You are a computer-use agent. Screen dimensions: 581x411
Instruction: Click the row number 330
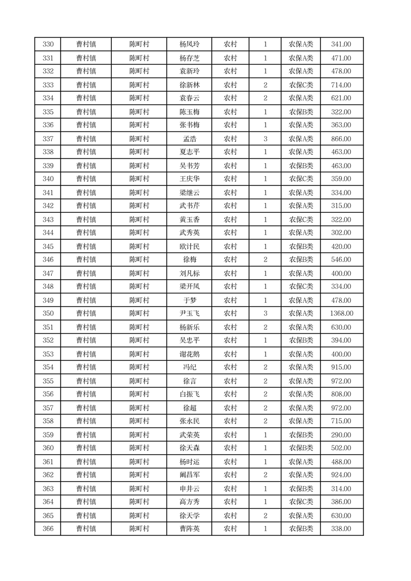48,45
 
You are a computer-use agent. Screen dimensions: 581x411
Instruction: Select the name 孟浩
189,139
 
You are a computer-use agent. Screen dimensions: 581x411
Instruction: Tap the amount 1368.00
341,314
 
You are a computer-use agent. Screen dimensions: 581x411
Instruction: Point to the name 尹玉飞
189,314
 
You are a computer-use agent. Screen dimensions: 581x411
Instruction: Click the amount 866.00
341,139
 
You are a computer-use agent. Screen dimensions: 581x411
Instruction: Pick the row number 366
48,529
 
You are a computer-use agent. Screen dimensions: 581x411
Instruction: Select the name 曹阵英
189,529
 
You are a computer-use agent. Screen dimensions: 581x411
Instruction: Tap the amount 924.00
341,475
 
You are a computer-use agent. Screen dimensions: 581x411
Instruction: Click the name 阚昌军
189,475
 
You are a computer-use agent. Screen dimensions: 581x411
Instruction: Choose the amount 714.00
341,85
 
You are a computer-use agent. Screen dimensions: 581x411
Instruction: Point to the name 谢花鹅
189,354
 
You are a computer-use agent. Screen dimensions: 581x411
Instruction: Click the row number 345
48,246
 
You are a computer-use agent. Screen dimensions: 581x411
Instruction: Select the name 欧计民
189,246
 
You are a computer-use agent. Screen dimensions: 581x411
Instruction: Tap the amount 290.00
341,435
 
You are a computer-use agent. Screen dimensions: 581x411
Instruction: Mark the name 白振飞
189,395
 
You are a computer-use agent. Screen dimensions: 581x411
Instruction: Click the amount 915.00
341,368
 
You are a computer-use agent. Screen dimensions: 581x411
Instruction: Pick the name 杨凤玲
189,45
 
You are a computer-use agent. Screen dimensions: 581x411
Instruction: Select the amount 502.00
341,448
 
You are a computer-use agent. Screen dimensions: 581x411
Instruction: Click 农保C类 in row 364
301,502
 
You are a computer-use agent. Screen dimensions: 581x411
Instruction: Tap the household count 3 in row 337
265,139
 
